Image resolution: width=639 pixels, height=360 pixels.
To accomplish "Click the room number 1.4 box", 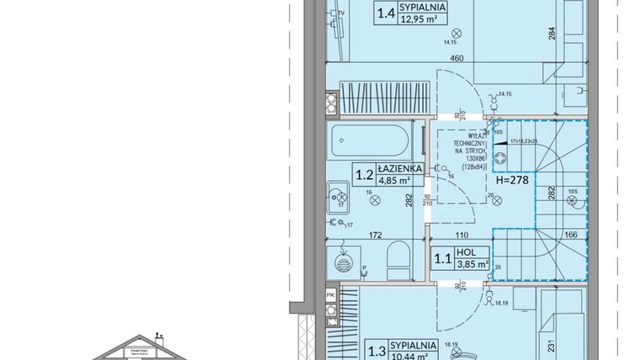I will [x=387, y=13].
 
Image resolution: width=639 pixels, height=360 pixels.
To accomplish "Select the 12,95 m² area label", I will [x=425, y=19].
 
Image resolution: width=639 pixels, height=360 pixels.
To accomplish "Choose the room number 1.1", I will [x=441, y=257].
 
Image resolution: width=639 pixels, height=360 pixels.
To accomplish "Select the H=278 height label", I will [x=515, y=179].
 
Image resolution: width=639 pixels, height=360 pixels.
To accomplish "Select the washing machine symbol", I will [x=342, y=262].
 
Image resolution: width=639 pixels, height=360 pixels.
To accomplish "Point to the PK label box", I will [x=330, y=295].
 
